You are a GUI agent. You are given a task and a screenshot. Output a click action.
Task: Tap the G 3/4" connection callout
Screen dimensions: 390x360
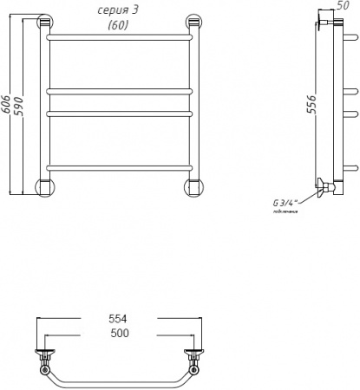(x=285, y=204)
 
